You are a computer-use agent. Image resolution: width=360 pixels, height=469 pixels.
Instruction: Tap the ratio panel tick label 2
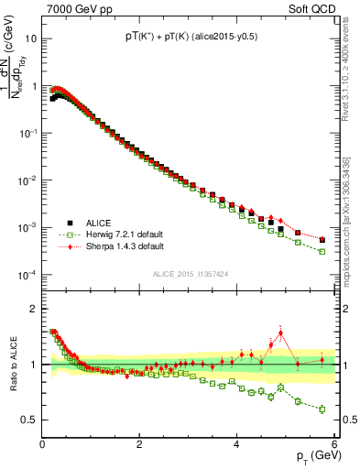(x=33, y=309)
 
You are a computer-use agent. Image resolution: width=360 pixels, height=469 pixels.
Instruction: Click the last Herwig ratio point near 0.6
(x=322, y=409)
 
